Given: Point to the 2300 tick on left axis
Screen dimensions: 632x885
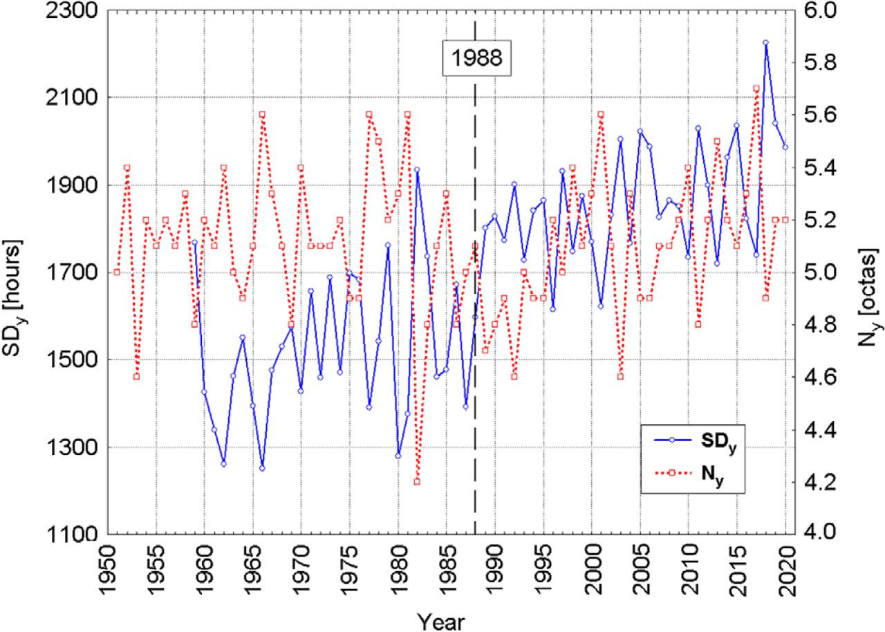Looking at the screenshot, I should [x=63, y=12].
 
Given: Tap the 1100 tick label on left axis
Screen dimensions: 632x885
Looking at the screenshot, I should [x=63, y=533].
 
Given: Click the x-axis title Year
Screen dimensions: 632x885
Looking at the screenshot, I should [x=441, y=619].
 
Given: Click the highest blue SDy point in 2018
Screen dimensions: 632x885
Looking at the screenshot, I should [x=765, y=43].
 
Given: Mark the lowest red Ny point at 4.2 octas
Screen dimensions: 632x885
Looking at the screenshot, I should [x=417, y=481].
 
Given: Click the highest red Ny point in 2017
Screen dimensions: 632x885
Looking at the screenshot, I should [x=756, y=89].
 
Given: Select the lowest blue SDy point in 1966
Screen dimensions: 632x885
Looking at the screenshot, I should [x=262, y=468].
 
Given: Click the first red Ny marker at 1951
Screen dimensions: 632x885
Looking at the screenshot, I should [x=117, y=272].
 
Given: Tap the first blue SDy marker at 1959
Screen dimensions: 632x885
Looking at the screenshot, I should [x=194, y=243].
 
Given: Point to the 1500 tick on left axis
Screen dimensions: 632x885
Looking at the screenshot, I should [x=63, y=360].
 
